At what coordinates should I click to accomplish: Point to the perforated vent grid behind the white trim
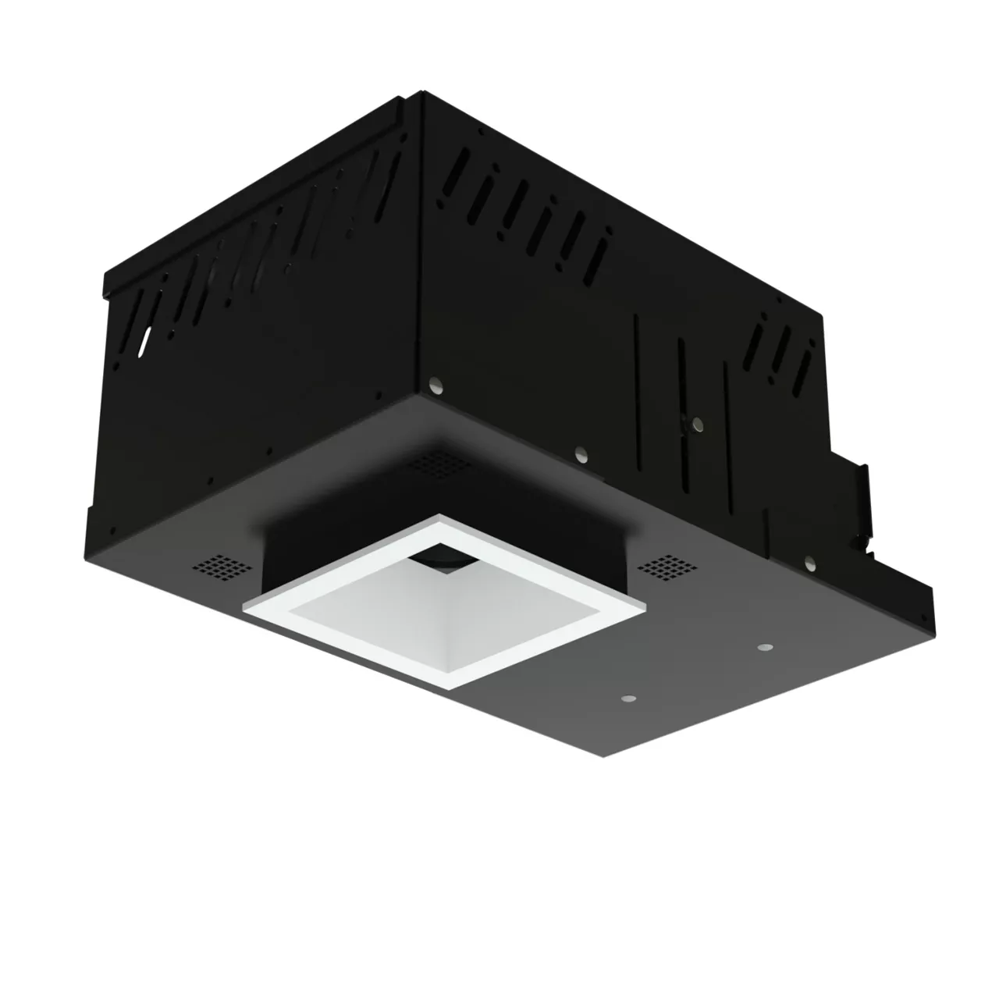[442, 465]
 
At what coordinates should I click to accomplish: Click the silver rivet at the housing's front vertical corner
[436, 386]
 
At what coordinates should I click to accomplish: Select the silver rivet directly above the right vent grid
[581, 452]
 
